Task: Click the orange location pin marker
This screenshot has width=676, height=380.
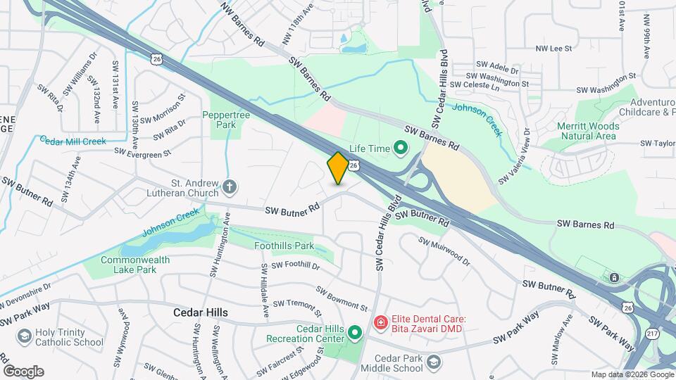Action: click(338, 167)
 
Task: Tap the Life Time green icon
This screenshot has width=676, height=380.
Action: click(401, 147)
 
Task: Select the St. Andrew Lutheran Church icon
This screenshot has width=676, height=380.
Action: click(229, 186)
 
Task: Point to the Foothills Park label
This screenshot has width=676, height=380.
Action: click(284, 246)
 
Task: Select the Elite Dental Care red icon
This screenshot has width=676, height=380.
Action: click(381, 322)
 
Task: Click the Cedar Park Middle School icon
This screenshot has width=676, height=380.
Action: click(434, 362)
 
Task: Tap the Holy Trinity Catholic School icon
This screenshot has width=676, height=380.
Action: click(25, 336)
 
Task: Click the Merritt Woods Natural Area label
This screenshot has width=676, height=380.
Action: click(606, 130)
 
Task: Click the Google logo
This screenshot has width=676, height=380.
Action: click(23, 372)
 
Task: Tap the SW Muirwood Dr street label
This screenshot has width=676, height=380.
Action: click(444, 251)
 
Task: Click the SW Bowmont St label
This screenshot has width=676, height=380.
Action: click(342, 300)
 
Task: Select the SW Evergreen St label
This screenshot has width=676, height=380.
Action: click(148, 153)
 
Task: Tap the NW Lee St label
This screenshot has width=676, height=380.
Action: click(553, 49)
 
